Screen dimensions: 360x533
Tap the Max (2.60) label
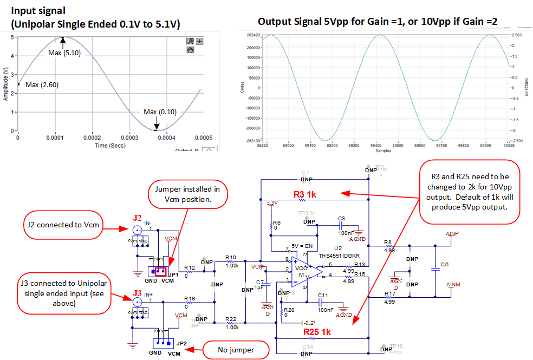point(42,85)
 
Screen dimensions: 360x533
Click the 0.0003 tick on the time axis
point(164,139)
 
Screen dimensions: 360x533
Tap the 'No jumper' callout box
point(236,350)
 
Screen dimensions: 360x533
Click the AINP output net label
point(452,233)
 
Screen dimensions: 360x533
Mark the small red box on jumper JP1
point(160,271)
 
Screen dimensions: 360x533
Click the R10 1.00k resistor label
point(231,261)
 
